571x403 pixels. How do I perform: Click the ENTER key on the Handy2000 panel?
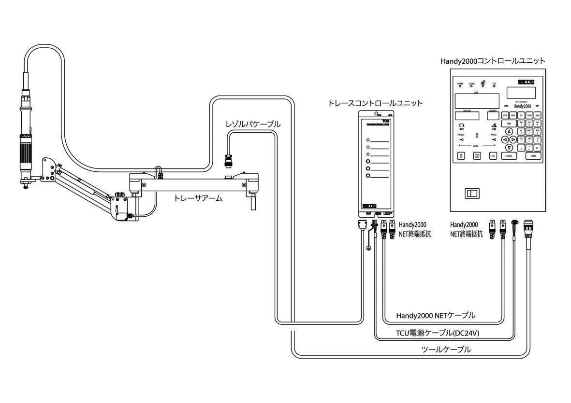coord(533,156)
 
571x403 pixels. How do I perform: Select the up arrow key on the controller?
coord(509,131)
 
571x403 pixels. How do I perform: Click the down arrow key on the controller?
coord(509,147)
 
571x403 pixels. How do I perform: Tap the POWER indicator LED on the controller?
coord(460,86)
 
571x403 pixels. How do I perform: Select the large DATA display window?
coord(477,100)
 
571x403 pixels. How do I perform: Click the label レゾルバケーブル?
coord(253,125)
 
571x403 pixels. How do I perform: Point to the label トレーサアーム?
coord(198,198)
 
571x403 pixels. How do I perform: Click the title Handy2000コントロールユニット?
coord(493,61)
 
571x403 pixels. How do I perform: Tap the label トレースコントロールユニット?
coord(375,103)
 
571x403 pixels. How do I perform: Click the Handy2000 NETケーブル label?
coord(435,315)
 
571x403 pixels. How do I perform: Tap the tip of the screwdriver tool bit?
coord(26,187)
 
